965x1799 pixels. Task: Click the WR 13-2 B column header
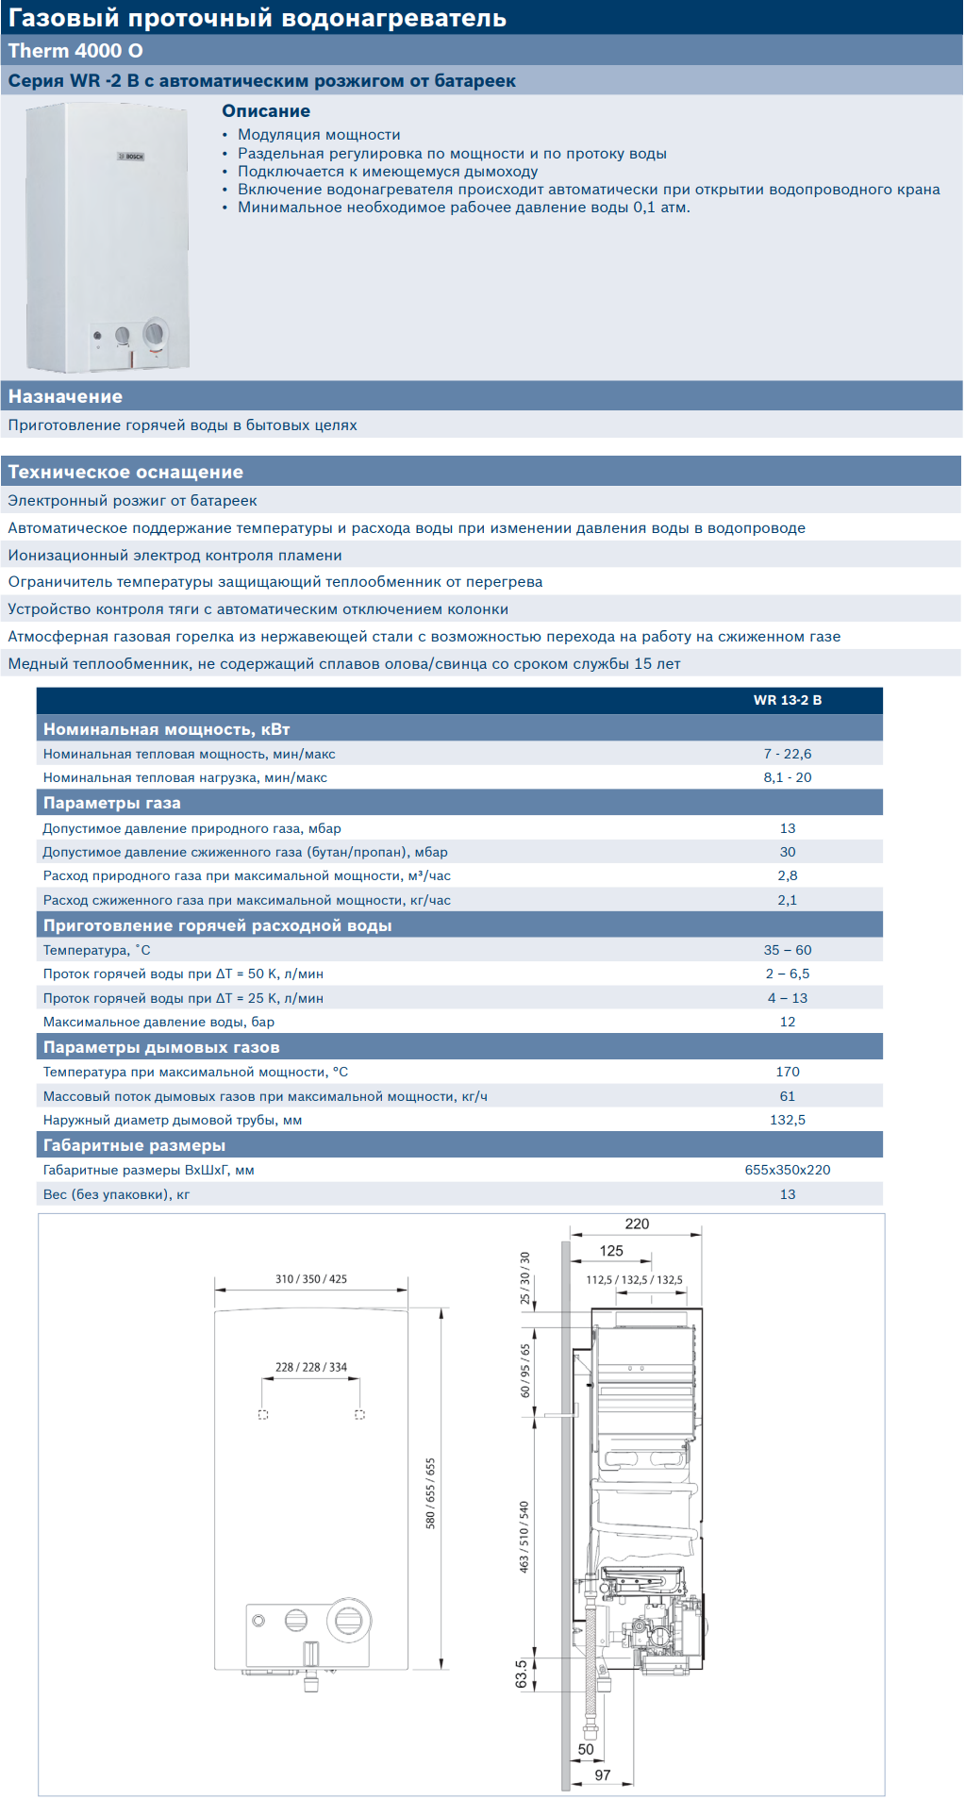[787, 700]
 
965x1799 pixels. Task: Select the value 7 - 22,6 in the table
[787, 754]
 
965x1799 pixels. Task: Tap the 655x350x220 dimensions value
[787, 1170]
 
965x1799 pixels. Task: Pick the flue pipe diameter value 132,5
[787, 1120]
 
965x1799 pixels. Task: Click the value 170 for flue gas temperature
[787, 1072]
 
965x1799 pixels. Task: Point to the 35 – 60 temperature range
[787, 950]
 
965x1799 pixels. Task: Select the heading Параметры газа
[111, 803]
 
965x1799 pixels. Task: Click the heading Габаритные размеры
[134, 1145]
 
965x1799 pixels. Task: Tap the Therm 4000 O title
[75, 51]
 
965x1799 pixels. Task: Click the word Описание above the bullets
[266, 111]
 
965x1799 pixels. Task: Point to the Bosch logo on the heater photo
[131, 157]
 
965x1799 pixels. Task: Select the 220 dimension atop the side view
[637, 1224]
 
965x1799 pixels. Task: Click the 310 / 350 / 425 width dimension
[310, 1279]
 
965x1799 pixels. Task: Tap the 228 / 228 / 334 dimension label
[310, 1367]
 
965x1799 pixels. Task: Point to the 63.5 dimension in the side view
[522, 1674]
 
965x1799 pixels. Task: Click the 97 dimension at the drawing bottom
[603, 1774]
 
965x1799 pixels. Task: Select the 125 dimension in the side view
[611, 1251]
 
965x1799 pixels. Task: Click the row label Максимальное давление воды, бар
[158, 1022]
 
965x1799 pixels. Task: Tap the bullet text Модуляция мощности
[319, 135]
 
